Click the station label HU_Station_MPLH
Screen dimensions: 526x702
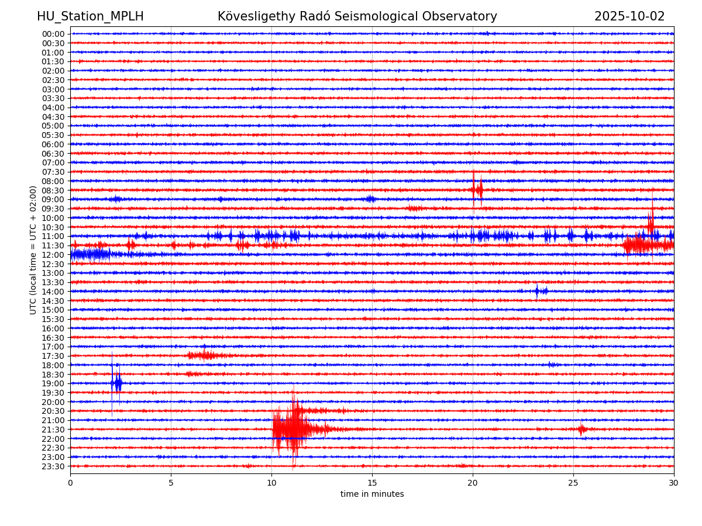point(90,16)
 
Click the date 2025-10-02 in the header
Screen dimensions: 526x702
point(629,16)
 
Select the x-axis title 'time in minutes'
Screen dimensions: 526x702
point(372,494)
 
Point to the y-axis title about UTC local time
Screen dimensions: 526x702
point(33,250)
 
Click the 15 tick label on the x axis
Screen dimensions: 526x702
point(372,483)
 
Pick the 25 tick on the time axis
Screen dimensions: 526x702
point(573,483)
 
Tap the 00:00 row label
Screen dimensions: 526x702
point(53,34)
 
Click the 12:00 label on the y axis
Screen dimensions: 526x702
point(53,255)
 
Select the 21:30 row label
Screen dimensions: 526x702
point(53,430)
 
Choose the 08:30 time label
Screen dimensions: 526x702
point(53,191)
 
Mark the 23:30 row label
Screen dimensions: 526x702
point(53,466)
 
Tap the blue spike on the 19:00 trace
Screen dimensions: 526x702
point(117,383)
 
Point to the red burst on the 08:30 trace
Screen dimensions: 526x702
point(477,189)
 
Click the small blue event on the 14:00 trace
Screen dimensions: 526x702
point(540,291)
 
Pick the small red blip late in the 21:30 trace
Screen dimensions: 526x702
point(581,430)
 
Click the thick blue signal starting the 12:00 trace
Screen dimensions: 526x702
point(91,254)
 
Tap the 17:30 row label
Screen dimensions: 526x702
point(53,356)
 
